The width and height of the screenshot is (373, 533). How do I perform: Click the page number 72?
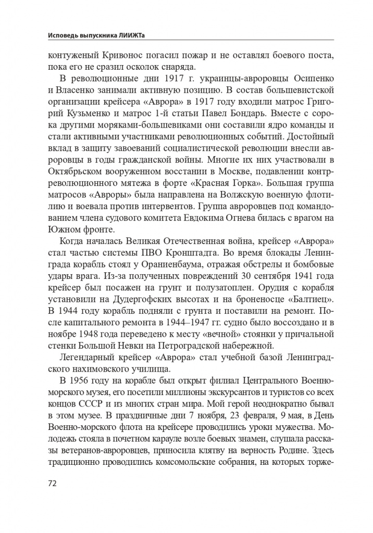point(52,483)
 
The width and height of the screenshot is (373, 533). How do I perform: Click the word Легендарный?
point(89,357)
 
